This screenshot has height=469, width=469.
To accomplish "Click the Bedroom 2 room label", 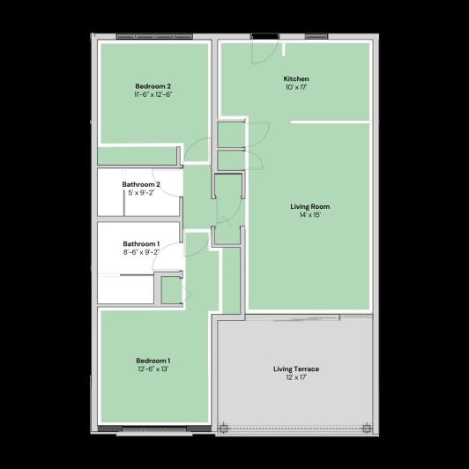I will click(153, 86).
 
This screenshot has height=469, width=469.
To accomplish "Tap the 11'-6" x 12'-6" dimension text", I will click(153, 94).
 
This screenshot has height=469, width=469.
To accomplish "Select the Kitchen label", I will click(296, 79).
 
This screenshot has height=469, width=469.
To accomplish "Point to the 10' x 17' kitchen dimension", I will click(296, 88).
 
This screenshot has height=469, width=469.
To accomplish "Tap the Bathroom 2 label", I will click(141, 184).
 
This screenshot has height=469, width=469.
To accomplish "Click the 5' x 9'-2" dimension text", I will click(141, 193).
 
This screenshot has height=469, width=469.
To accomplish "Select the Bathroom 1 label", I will click(141, 243).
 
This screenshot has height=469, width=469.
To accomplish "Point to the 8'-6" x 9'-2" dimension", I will click(141, 252).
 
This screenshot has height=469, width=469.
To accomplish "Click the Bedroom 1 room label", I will click(153, 360).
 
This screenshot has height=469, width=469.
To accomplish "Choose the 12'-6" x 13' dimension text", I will click(153, 368).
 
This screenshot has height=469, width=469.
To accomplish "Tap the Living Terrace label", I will click(296, 368).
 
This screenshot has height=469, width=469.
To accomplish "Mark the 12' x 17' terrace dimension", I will click(296, 377).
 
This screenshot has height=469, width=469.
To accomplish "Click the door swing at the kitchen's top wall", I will click(262, 51).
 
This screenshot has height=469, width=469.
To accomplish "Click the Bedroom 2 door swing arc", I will click(198, 150).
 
